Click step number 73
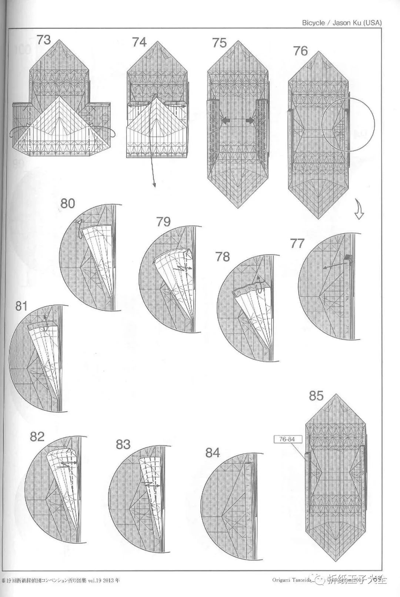43,40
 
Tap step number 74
139,42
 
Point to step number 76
300,51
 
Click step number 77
297,243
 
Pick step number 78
223,257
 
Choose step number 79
163,221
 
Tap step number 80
68,203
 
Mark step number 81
21,306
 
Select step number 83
123,444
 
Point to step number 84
213,453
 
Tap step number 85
316,396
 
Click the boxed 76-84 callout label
288,440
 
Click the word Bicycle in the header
313,23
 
